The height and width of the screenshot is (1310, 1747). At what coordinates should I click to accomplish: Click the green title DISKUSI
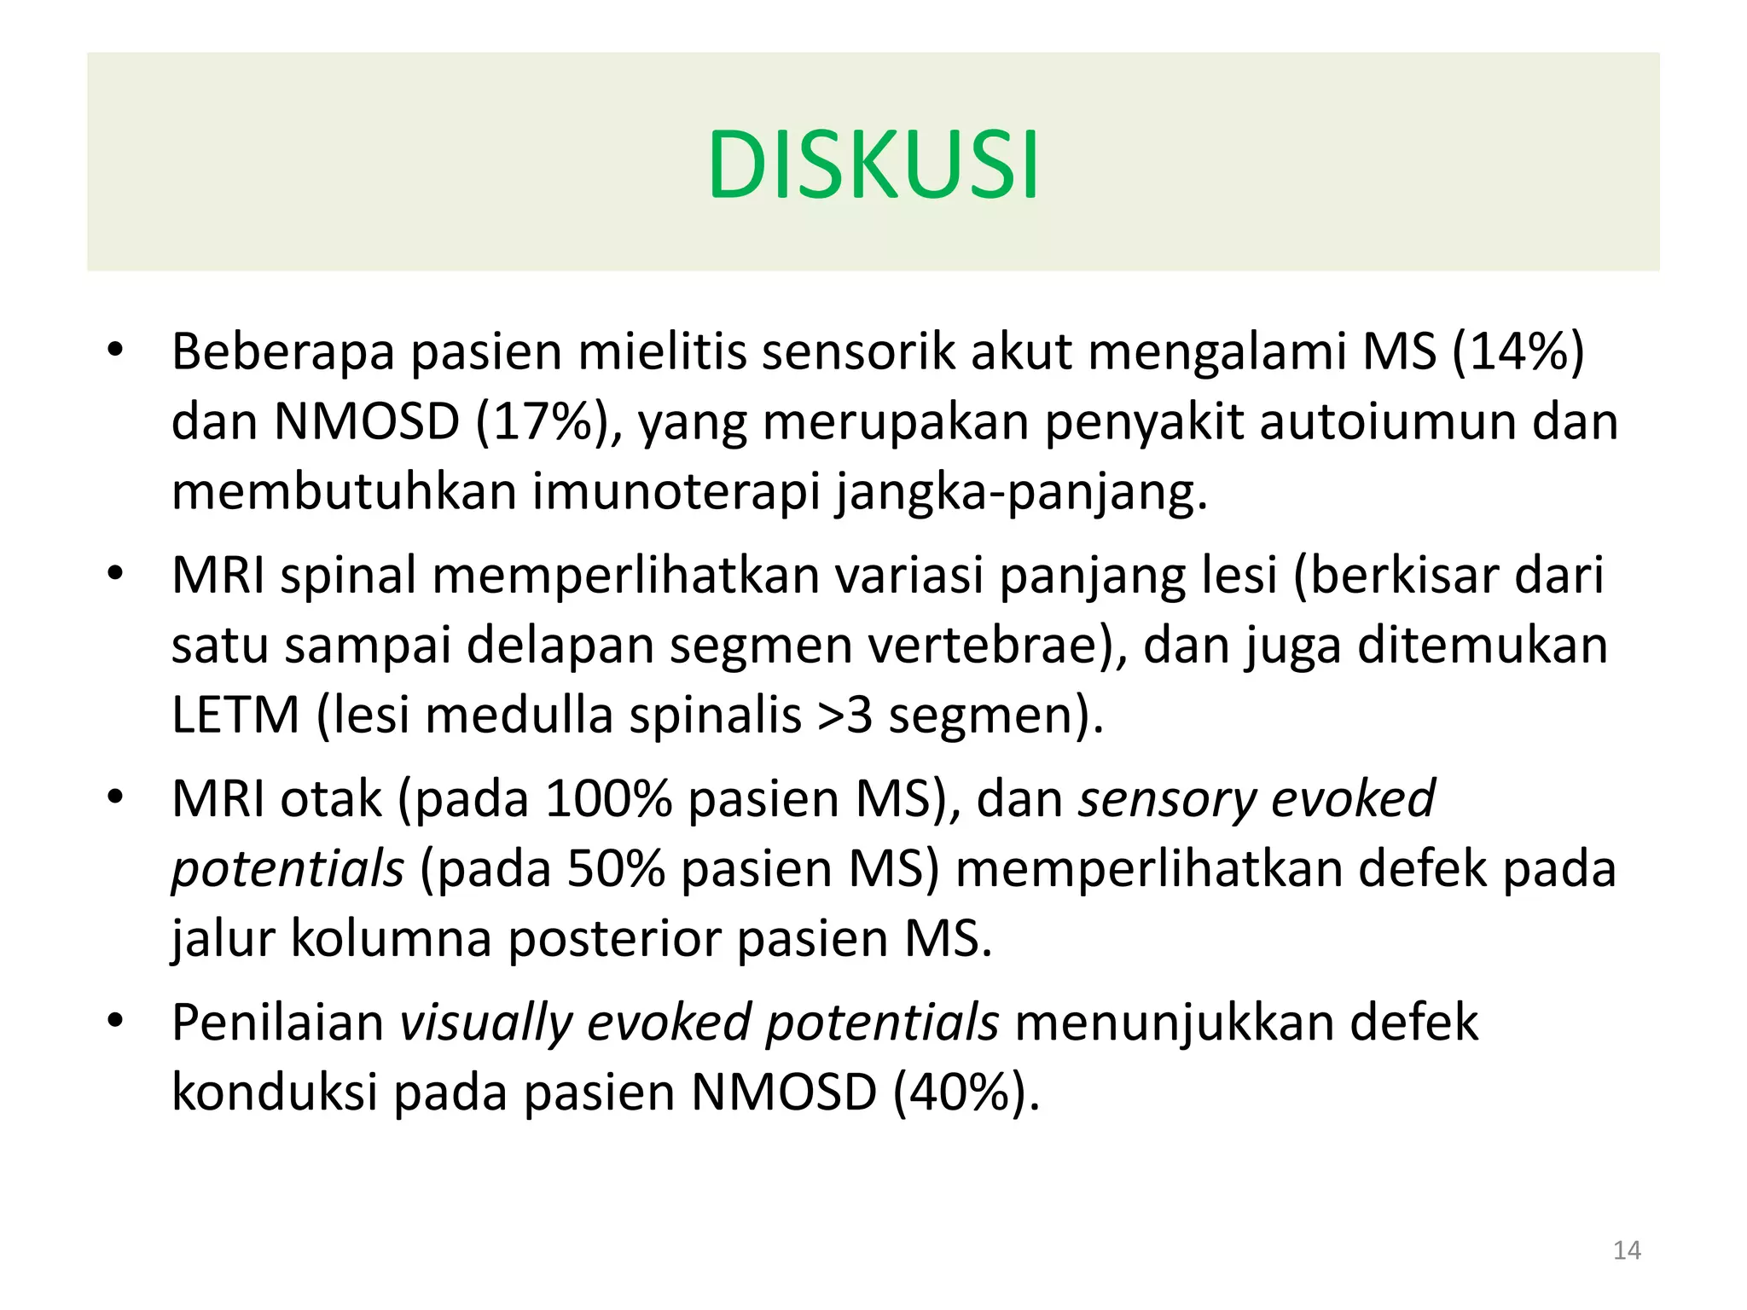pos(873,164)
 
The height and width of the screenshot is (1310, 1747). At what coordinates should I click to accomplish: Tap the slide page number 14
pos(1627,1250)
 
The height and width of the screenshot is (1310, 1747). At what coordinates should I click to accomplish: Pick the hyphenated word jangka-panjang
pos(1021,494)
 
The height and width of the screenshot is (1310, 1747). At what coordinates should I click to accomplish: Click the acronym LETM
pos(235,715)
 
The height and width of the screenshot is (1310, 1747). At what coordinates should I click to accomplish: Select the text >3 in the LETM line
pos(844,715)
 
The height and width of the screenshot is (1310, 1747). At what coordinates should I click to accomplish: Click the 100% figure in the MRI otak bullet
pos(607,799)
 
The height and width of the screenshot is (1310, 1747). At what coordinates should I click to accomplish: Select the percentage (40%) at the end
pos(966,1093)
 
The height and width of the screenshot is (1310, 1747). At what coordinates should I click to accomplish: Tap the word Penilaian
pos(278,1023)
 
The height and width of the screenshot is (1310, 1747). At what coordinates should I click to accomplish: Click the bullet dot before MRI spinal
pos(115,573)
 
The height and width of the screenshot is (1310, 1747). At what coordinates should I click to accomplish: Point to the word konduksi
pos(274,1093)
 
